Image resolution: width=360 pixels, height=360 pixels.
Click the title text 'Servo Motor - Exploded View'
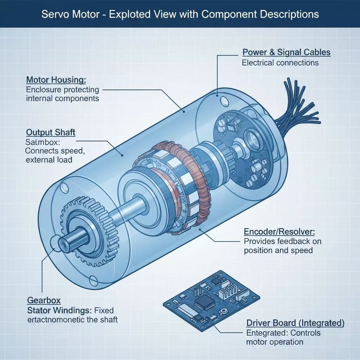pyautogui.click(x=180, y=14)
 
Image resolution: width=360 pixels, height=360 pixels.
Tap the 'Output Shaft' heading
pyautogui.click(x=51, y=133)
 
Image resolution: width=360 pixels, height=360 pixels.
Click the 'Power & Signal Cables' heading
pyautogui.click(x=287, y=52)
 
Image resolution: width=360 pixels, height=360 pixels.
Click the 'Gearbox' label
pyautogui.click(x=44, y=301)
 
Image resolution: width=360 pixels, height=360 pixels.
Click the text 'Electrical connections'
pyautogui.click(x=280, y=63)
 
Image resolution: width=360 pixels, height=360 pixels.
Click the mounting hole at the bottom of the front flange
pyautogui.click(x=93, y=280)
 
